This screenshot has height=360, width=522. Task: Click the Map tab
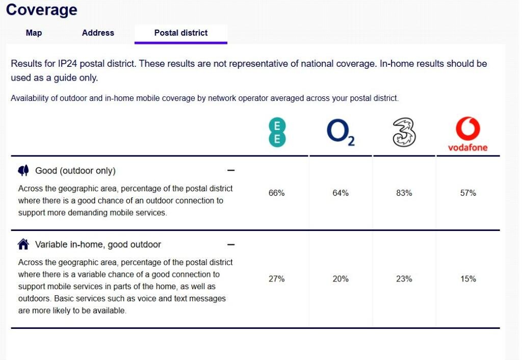34,33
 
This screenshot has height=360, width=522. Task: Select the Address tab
98,33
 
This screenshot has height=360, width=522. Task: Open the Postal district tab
181,33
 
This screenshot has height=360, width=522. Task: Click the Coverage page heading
42,9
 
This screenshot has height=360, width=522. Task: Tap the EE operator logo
277,133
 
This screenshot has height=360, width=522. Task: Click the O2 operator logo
340,133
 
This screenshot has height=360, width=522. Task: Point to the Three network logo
404,133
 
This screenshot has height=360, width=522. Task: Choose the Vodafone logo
467,135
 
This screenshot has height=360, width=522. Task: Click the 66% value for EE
276,193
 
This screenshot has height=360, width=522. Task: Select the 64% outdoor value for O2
341,193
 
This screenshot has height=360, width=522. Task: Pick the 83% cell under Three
404,193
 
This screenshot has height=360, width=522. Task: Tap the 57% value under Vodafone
468,193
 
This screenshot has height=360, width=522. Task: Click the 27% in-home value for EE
276,279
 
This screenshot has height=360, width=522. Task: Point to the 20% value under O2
341,279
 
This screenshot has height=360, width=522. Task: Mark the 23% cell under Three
404,279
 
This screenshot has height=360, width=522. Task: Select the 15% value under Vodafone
468,279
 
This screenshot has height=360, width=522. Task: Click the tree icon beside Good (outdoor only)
23,170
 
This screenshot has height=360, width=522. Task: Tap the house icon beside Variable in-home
23,244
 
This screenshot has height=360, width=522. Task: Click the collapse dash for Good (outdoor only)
231,170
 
